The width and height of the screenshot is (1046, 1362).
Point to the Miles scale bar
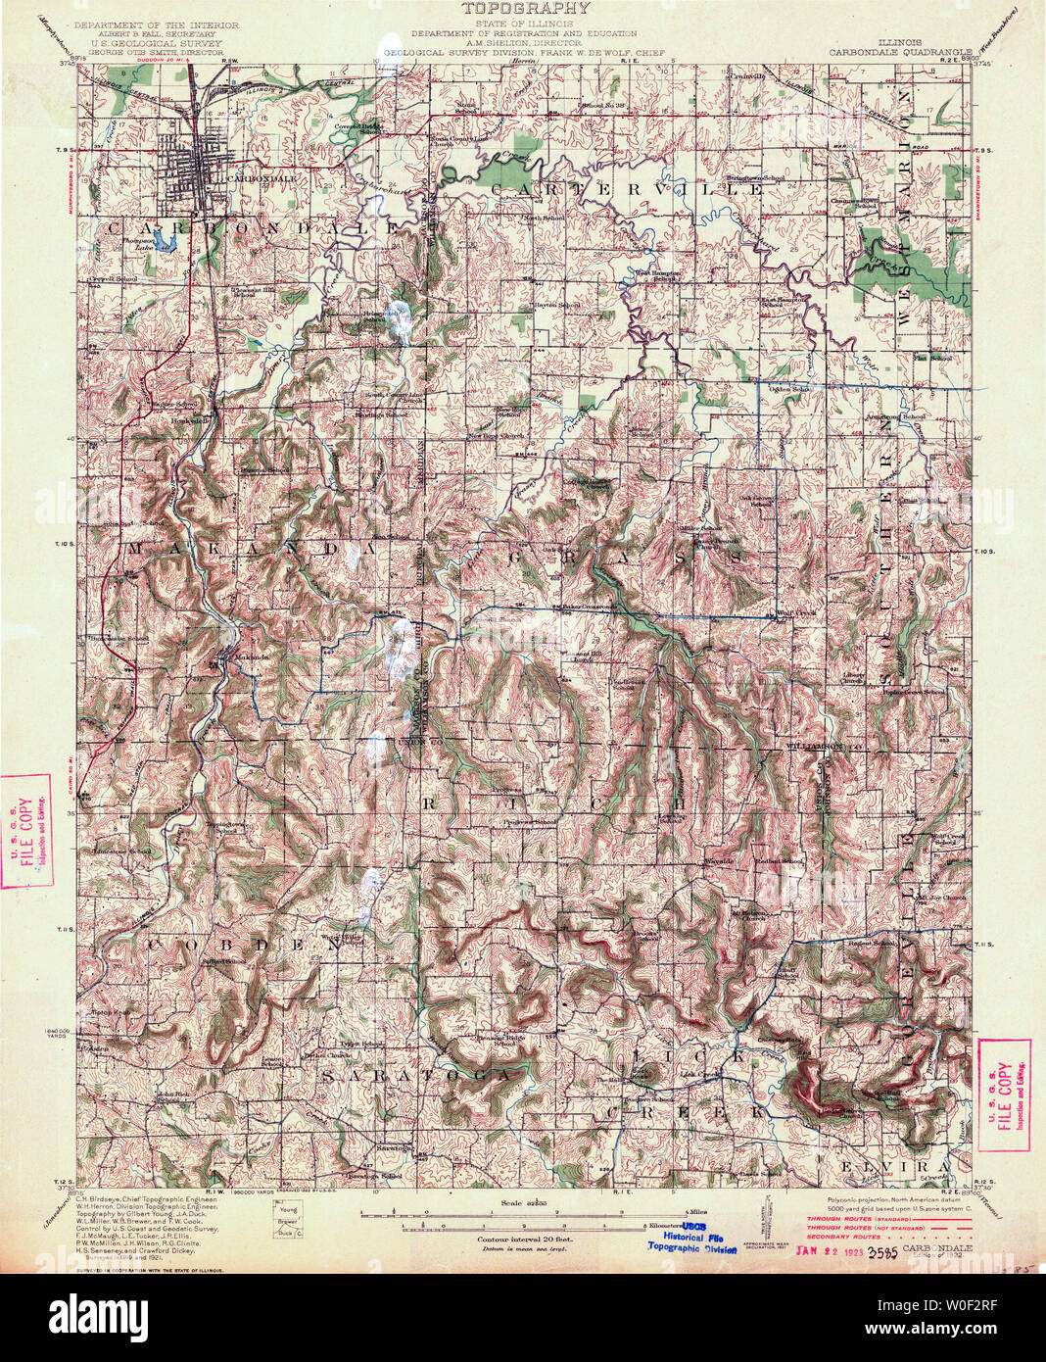(524, 1213)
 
